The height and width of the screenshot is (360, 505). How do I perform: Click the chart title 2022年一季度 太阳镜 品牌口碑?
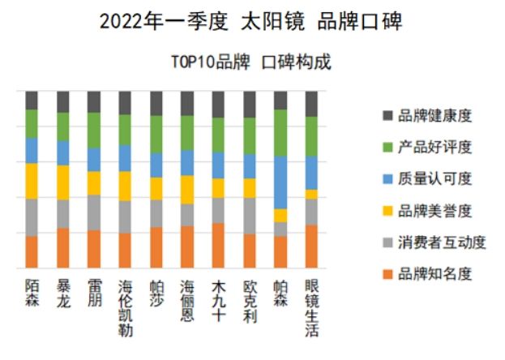(x=251, y=20)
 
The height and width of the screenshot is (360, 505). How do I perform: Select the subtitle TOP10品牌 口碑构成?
(x=251, y=62)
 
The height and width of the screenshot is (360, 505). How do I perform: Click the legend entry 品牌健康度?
(x=434, y=116)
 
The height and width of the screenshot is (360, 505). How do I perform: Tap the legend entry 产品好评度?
(x=434, y=148)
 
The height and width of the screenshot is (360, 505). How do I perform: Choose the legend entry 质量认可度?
(x=434, y=179)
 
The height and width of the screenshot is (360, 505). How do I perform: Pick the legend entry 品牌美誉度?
(x=434, y=211)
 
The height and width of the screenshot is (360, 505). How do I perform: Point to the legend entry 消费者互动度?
(x=440, y=242)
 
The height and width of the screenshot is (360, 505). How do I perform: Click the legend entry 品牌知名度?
(x=434, y=274)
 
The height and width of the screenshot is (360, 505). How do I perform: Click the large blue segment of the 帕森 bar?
(x=280, y=182)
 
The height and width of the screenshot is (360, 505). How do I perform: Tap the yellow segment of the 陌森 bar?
(x=32, y=181)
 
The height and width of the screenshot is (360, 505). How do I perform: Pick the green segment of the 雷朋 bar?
(x=94, y=130)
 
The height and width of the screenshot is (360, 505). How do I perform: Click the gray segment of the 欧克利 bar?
(x=250, y=216)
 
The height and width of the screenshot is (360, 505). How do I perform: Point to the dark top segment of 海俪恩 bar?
(x=187, y=103)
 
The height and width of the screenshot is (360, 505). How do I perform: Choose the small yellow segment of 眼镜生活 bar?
(x=311, y=195)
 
